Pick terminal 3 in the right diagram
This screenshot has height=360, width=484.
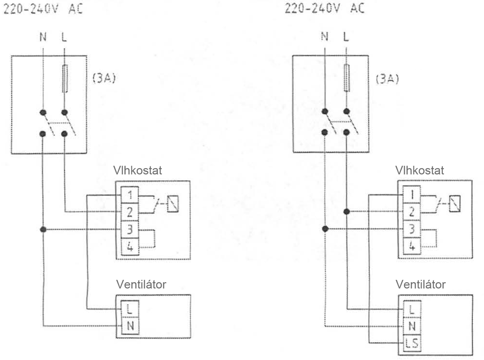click(412, 229)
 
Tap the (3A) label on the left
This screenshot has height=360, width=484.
click(104, 79)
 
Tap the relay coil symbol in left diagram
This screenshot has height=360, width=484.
click(174, 203)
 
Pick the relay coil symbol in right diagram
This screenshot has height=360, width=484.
click(455, 203)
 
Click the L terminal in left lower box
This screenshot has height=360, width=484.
click(130, 309)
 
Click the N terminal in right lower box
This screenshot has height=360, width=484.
click(412, 327)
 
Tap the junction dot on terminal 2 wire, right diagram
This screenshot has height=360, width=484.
click(346, 211)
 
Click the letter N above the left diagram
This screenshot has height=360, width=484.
click(43, 37)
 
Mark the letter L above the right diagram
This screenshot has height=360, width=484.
click(346, 37)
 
